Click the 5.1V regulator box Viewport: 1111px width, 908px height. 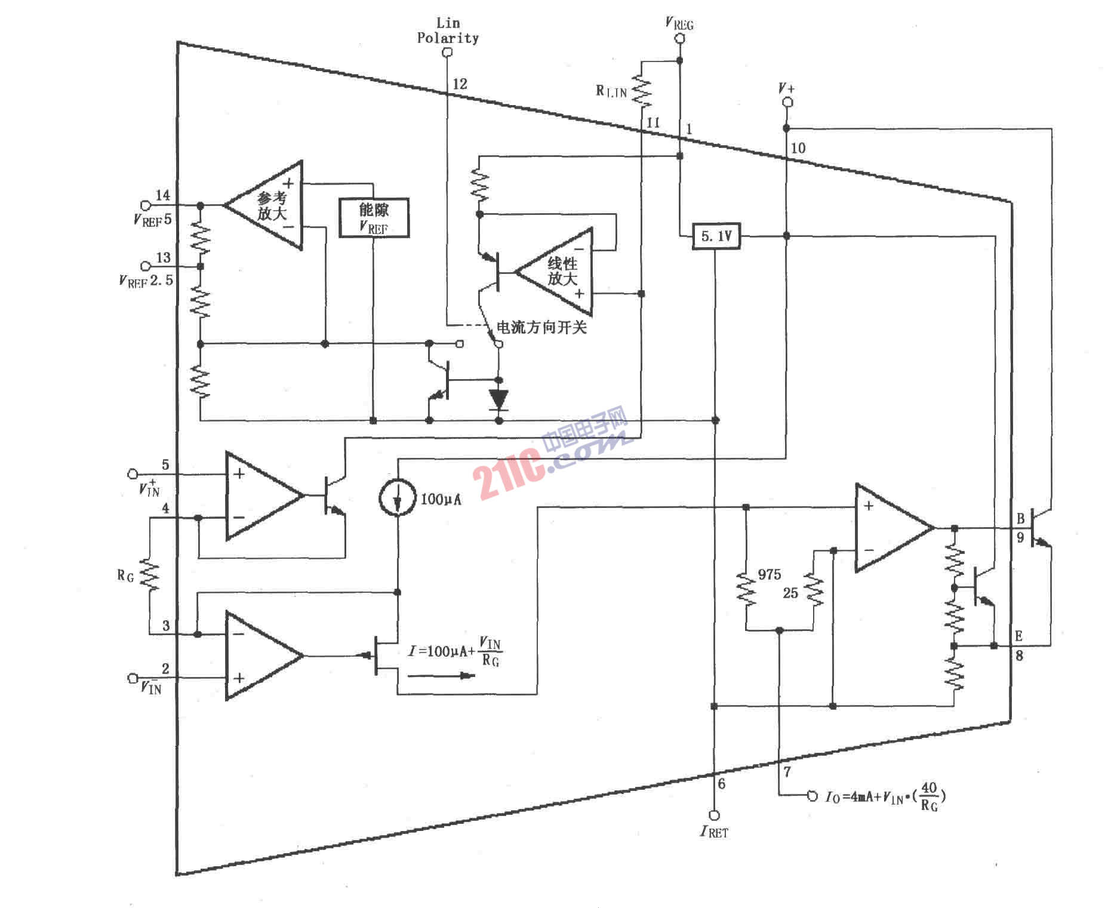click(x=716, y=236)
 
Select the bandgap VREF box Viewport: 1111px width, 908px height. click(x=374, y=218)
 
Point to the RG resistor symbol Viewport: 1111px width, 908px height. click(x=149, y=575)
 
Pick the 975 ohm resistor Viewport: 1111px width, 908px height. click(x=746, y=589)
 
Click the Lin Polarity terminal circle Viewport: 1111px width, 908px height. click(x=447, y=53)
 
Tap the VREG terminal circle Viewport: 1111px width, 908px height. click(x=679, y=39)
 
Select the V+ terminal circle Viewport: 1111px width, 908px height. click(x=787, y=103)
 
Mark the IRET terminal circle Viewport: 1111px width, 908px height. click(x=714, y=815)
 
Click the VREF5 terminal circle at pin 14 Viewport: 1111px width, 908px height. click(x=144, y=205)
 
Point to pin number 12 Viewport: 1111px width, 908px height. click(x=460, y=84)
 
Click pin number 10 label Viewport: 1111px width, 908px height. click(x=798, y=147)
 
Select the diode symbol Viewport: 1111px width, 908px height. click(x=499, y=399)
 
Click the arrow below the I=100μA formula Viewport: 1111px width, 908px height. click(x=442, y=676)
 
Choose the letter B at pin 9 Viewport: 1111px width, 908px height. click(x=1020, y=519)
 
